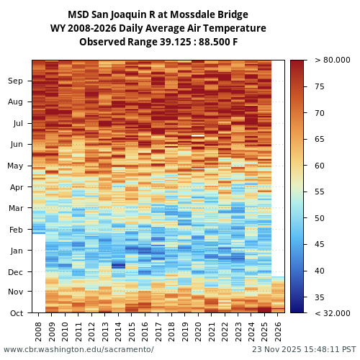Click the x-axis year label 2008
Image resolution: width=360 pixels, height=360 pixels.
(x=39, y=330)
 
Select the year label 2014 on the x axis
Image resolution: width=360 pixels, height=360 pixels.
(x=118, y=330)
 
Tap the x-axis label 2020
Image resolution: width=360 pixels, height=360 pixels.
(x=198, y=330)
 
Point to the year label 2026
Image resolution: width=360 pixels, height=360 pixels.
(x=278, y=330)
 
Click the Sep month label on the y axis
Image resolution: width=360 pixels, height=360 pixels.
(x=16, y=81)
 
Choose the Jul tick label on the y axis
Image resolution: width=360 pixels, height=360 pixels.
(x=17, y=123)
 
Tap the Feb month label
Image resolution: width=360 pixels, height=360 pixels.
(x=16, y=230)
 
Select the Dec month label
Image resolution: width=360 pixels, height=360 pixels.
(x=16, y=271)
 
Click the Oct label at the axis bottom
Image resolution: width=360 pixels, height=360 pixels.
(x=17, y=312)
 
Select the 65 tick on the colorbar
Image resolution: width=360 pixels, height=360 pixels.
(x=319, y=139)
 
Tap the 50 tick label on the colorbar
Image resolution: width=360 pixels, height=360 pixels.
(x=319, y=218)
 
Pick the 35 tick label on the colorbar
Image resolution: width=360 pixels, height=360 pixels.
(x=319, y=297)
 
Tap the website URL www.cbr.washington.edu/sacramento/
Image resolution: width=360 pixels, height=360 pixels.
(x=78, y=349)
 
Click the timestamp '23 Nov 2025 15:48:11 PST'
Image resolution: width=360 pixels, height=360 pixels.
(x=303, y=349)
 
